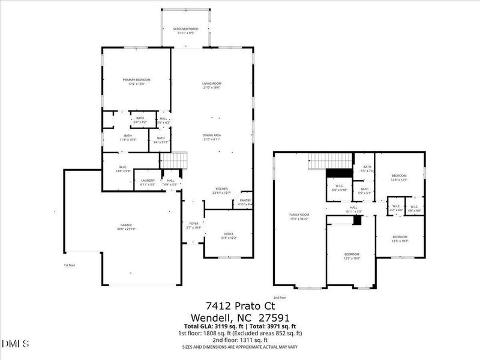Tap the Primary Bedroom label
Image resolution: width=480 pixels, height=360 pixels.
click(136, 82)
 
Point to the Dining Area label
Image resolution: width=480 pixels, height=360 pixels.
click(212, 137)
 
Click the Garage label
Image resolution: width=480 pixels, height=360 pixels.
click(126, 227)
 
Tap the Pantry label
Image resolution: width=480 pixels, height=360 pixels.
click(245, 202)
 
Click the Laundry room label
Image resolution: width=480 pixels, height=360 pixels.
click(148, 182)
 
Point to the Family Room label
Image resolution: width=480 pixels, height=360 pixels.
click(299, 217)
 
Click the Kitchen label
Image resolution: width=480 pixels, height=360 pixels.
click(221, 191)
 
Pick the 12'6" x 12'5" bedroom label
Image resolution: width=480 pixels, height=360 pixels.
click(399, 178)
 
